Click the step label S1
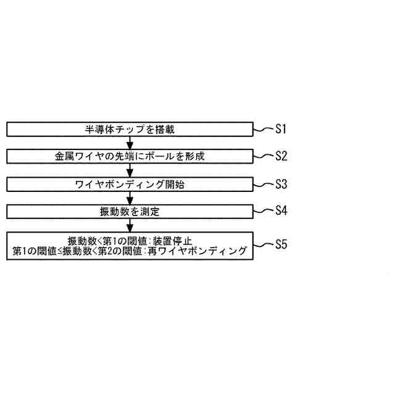coord(281,129)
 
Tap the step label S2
coord(281,156)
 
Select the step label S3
coord(281,184)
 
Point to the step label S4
coord(281,210)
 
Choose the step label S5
coord(281,244)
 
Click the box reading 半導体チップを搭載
coord(130,130)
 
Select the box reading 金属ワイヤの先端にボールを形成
coord(130,157)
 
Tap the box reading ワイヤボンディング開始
coord(130,184)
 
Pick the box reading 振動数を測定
coord(130,211)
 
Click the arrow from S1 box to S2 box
coord(130,143)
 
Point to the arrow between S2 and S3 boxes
coord(130,170)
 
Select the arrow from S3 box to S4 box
coord(130,197)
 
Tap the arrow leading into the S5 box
coord(130,225)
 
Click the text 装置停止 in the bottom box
coord(173,240)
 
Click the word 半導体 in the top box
coord(98,130)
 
